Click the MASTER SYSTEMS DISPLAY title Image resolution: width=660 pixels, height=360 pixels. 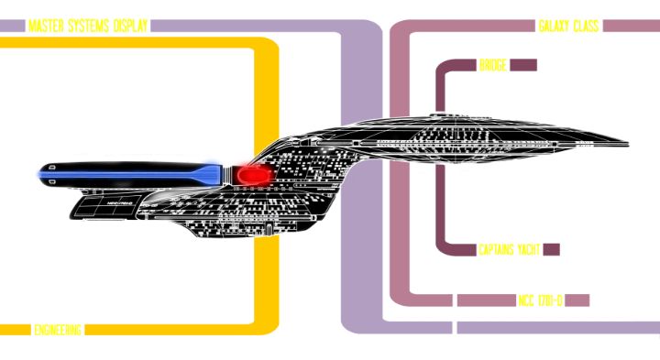point(88,27)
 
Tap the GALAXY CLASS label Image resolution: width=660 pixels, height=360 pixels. point(568,27)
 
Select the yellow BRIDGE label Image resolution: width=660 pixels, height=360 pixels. point(493,66)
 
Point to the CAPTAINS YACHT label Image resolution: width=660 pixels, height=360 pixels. point(509,249)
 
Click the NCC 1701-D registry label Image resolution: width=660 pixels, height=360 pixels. point(541,300)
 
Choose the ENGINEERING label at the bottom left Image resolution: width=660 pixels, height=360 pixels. point(57,329)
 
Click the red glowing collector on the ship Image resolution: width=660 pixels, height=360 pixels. point(252,171)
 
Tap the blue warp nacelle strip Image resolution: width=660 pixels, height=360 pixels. point(128,171)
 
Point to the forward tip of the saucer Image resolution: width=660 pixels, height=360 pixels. point(626,144)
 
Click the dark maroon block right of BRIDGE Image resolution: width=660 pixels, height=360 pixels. point(522,66)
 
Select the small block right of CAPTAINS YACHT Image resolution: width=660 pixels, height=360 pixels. point(550,249)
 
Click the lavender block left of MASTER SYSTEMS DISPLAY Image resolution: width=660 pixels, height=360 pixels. point(12,27)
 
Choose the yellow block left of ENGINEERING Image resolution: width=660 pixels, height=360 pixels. point(15,329)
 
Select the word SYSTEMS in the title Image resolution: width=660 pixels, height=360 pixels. point(87,27)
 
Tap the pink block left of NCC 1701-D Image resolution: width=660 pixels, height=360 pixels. point(486,300)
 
